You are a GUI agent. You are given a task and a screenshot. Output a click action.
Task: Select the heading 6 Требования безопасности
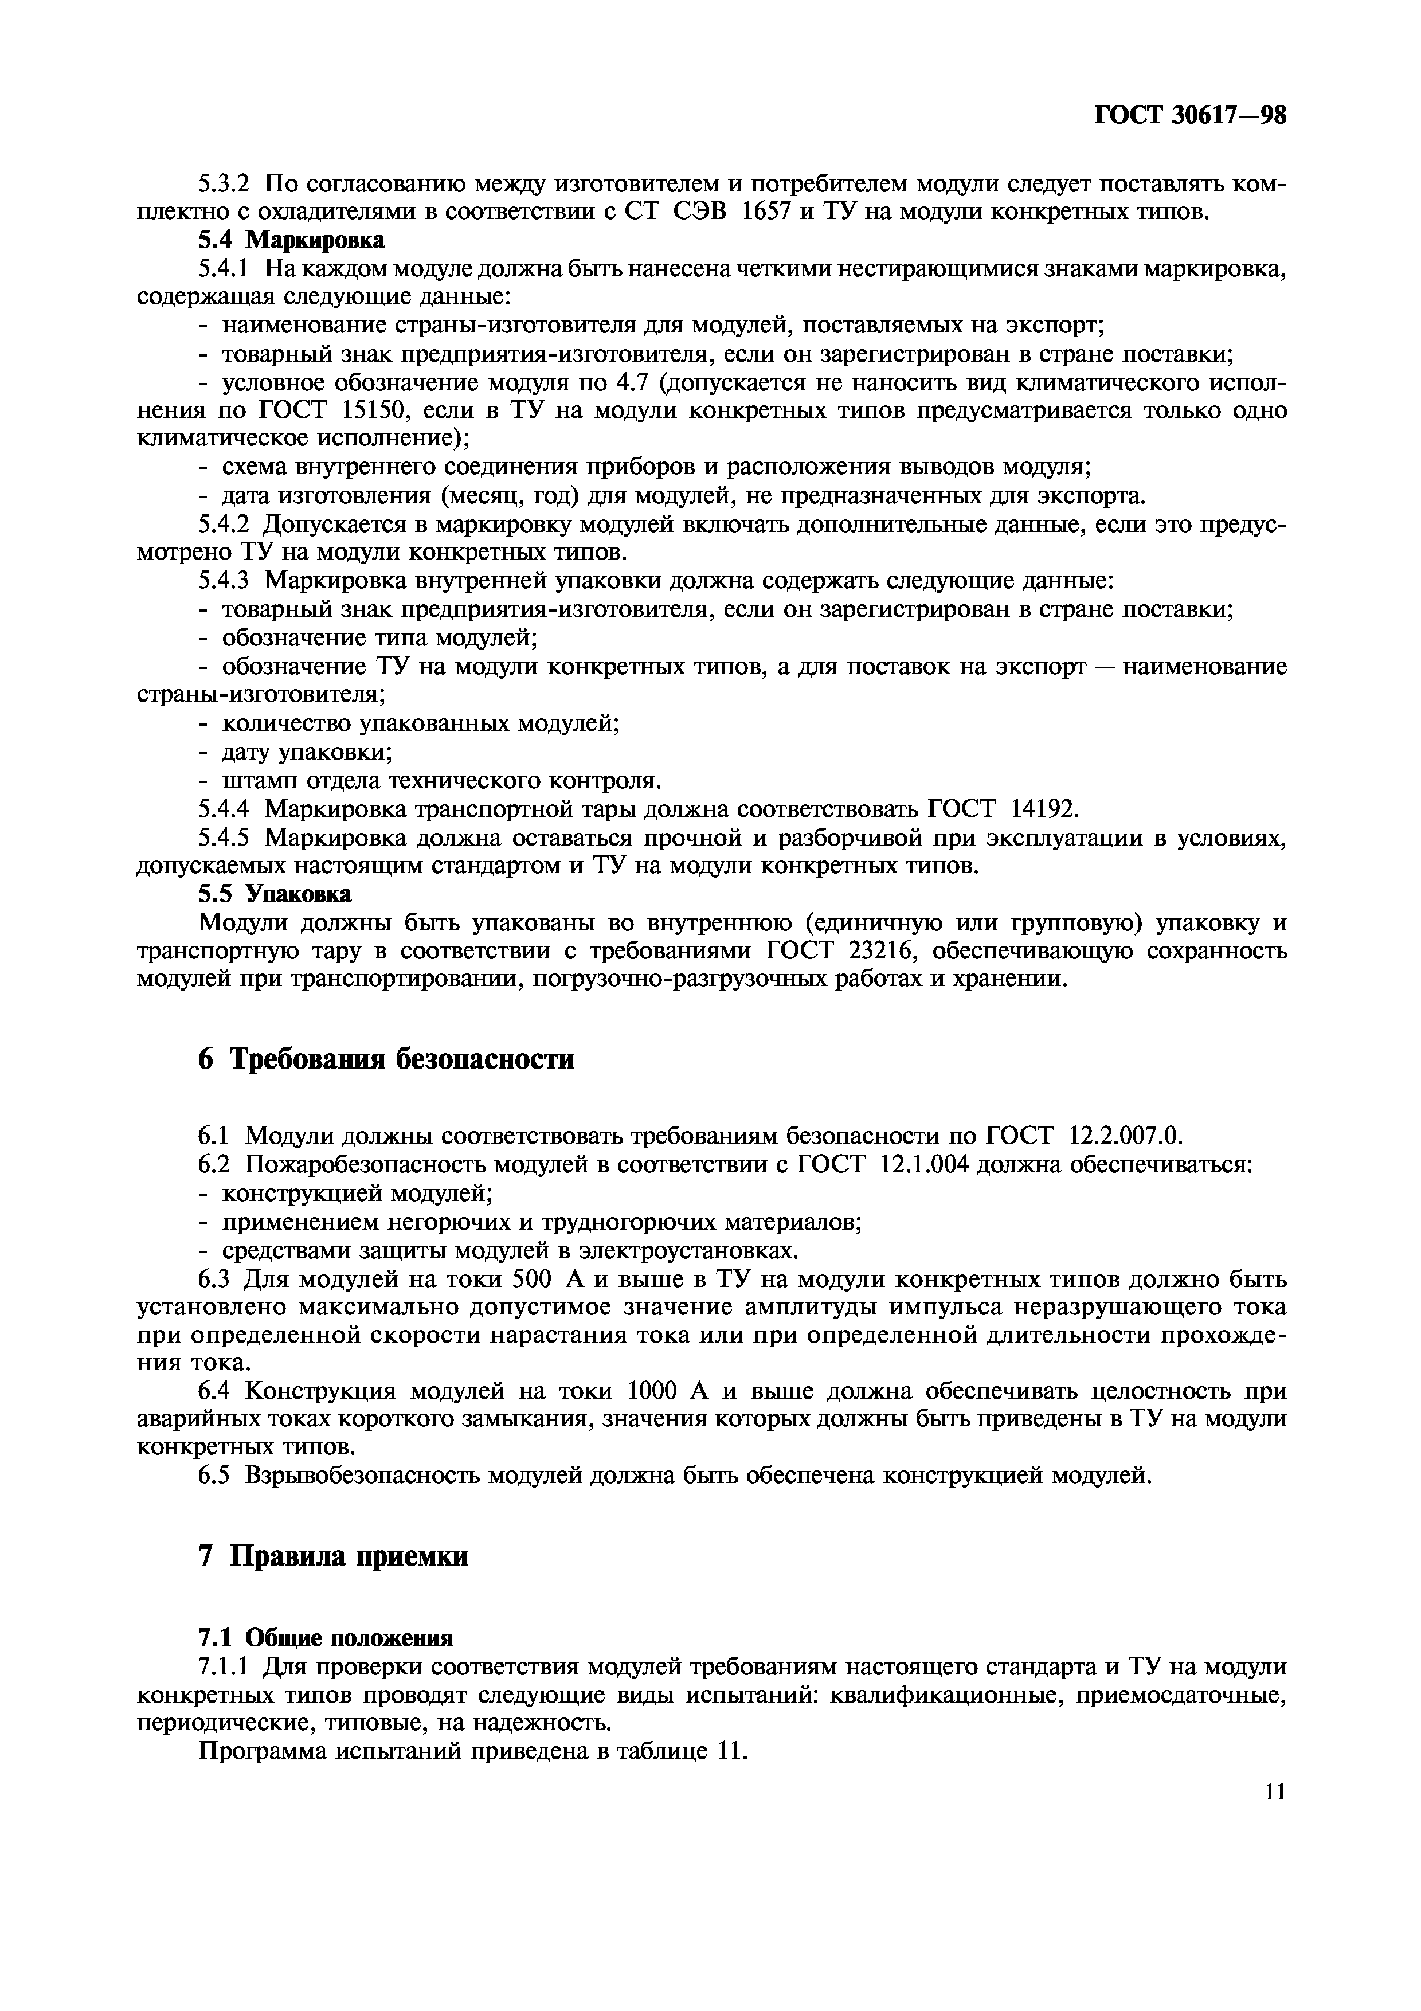[x=386, y=1059]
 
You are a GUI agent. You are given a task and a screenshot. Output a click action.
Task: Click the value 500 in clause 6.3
[x=530, y=1280]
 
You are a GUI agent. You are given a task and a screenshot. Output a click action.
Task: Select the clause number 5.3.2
[x=223, y=183]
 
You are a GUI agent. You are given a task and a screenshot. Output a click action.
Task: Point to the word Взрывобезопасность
[x=362, y=1476]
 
